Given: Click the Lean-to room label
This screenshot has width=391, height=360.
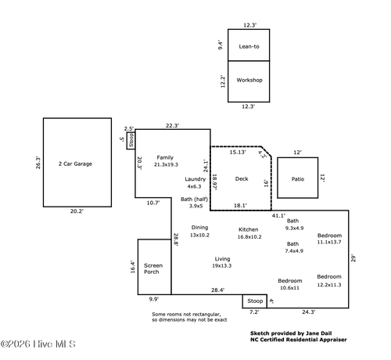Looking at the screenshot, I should point(249,47).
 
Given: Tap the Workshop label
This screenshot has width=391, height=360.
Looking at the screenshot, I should point(249,81).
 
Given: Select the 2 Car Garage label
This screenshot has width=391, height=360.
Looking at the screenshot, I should point(75,164).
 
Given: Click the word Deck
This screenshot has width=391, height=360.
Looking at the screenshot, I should point(242,179).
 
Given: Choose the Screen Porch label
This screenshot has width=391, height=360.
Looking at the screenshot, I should point(152,268).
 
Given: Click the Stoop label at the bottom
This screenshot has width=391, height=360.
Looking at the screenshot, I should point(254,301).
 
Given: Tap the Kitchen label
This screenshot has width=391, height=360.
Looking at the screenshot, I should point(249,229).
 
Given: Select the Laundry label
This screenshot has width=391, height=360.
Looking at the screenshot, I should point(195,179).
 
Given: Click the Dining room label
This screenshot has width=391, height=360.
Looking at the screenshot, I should point(199,227).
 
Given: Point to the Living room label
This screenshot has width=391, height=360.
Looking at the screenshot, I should point(223,258).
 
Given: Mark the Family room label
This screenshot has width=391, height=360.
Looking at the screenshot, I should point(165,157).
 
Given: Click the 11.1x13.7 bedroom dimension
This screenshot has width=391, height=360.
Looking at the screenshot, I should point(329,242).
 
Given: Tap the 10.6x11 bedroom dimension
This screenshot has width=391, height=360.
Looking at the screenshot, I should point(290,287).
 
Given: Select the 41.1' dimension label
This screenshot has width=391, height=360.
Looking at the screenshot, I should point(278,215).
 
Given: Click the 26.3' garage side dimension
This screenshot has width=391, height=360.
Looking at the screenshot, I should point(38,163).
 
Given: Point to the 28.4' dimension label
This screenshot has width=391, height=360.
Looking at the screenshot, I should point(217,290).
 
